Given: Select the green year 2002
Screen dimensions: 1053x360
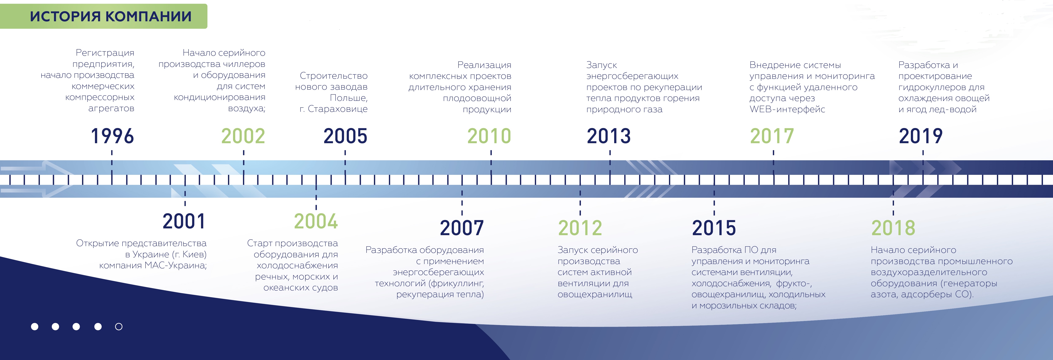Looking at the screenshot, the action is pos(243,136).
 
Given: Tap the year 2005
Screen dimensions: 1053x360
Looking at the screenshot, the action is pos(345,136).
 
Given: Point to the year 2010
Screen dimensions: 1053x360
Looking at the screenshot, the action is pos(489,136).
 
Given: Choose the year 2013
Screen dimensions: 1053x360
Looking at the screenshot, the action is pos(609,136).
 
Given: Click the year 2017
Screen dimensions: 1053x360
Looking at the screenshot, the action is pos(772,136).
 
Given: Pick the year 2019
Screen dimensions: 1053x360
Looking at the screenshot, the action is pos(921,136).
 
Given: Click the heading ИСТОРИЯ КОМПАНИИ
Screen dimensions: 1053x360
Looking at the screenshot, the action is pos(111,16).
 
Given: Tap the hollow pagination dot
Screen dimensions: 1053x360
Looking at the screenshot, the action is pos(119,326).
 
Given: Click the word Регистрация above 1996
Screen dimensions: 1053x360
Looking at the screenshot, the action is pos(105,53).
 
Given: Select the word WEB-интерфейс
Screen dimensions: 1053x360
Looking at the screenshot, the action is pos(787,109).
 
